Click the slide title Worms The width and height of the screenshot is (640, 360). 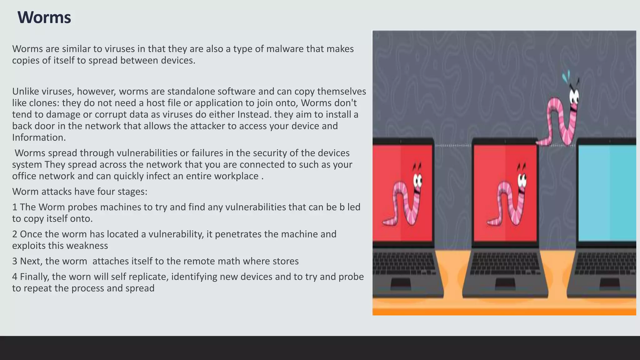[44, 17]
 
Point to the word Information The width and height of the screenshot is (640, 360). [38, 138]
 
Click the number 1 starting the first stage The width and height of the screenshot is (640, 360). [15, 207]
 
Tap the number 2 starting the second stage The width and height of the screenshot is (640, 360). [15, 234]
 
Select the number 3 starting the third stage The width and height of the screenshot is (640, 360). [15, 261]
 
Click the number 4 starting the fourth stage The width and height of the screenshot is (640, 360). [15, 277]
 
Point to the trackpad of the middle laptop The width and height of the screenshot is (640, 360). [505, 283]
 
